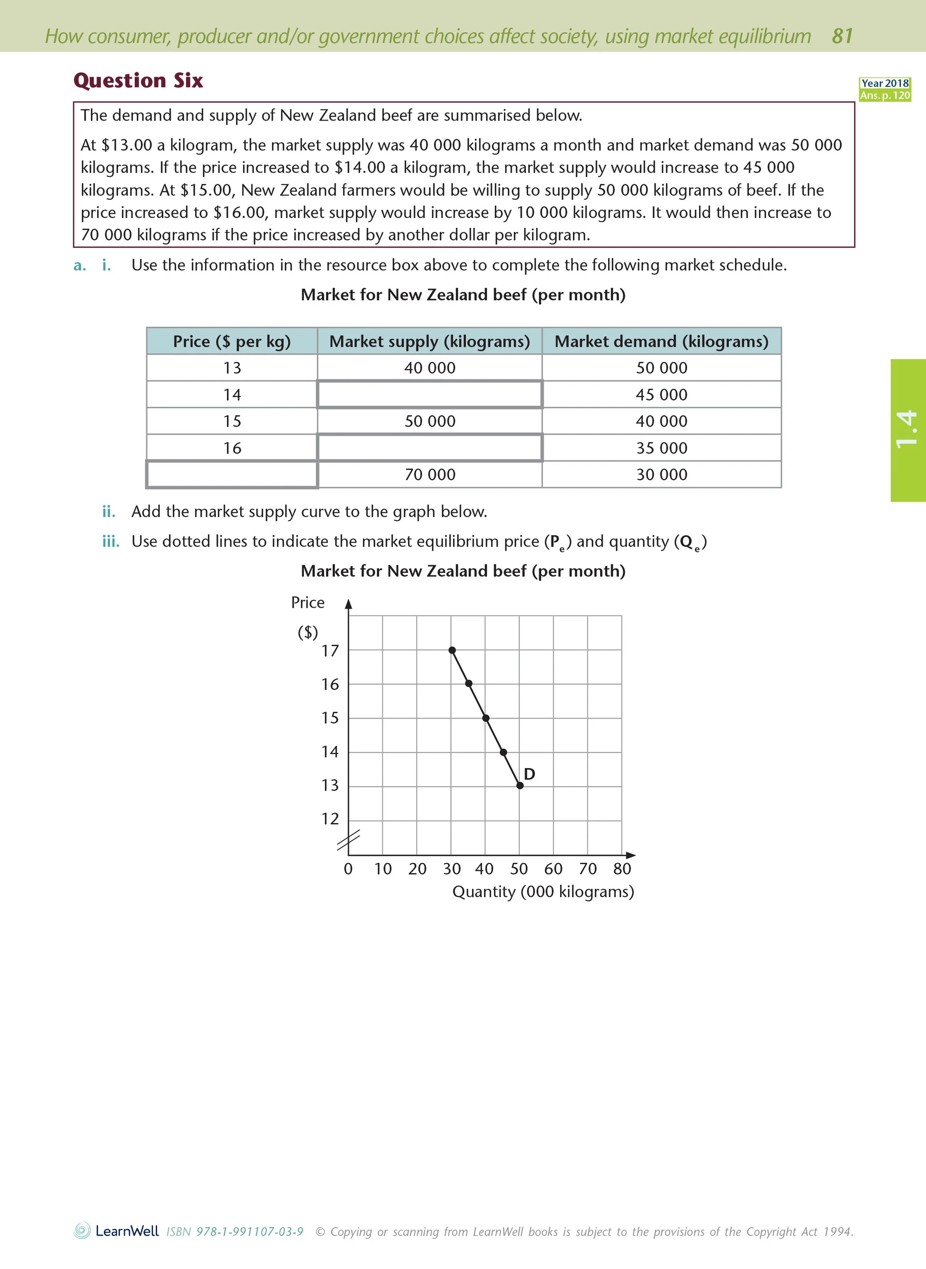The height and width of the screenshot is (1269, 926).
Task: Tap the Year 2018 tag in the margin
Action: click(885, 83)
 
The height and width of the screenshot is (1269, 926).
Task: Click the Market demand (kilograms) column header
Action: click(661, 341)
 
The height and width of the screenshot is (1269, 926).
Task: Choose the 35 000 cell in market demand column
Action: click(661, 448)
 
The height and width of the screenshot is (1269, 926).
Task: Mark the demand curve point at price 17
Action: click(452, 650)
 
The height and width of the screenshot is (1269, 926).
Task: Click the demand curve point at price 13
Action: click(520, 786)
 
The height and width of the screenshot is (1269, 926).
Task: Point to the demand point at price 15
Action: click(485, 718)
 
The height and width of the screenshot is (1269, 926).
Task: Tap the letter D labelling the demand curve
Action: click(529, 774)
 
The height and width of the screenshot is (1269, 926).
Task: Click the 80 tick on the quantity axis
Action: click(621, 869)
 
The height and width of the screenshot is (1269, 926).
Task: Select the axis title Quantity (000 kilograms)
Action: click(542, 891)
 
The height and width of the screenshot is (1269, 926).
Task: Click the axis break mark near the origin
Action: click(348, 840)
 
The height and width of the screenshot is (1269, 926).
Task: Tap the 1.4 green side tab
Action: click(907, 430)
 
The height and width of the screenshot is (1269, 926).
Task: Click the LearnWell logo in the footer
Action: click(116, 1231)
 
